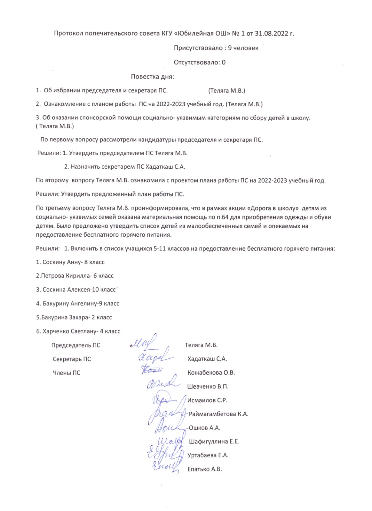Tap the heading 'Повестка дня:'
click(x=152, y=77)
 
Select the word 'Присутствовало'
click(x=198, y=48)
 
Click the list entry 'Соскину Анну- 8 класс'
click(x=70, y=262)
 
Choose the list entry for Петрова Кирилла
click(x=75, y=276)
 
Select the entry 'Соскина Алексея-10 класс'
click(x=76, y=290)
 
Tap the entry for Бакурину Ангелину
click(x=78, y=303)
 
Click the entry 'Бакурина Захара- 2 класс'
click(x=74, y=317)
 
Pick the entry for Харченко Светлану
click(x=78, y=331)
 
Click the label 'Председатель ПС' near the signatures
click(x=76, y=345)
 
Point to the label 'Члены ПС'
click(x=67, y=373)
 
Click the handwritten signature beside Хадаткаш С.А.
click(x=155, y=357)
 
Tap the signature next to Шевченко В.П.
click(x=162, y=383)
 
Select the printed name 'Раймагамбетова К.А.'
click(x=218, y=414)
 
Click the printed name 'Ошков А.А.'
click(x=204, y=428)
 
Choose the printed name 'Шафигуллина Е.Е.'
click(x=214, y=442)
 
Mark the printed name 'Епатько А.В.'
click(x=205, y=469)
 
